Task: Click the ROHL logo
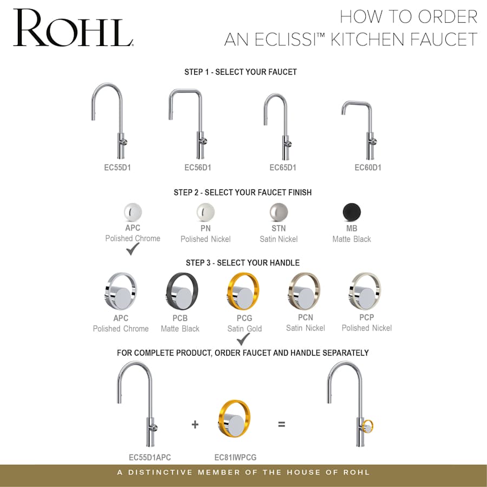point(73,28)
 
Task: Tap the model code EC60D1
point(368,168)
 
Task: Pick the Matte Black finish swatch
point(352,212)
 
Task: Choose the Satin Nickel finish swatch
point(279,212)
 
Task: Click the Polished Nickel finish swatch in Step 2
point(205,212)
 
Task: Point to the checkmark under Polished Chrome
point(133,249)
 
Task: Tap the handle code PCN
point(305,318)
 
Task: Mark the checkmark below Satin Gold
point(243,339)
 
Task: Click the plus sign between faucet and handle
point(195,425)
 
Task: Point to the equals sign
point(281,425)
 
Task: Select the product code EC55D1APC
point(150,457)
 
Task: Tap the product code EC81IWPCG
point(235,457)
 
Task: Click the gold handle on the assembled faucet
point(368,427)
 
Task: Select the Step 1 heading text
point(240,72)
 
